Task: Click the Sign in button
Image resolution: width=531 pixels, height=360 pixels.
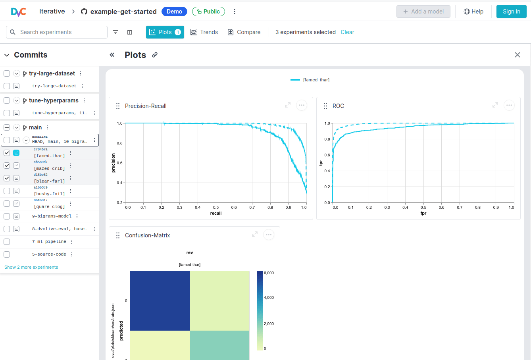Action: [511, 12]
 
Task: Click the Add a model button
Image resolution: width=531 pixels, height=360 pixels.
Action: [423, 12]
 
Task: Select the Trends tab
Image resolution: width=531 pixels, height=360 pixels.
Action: [204, 32]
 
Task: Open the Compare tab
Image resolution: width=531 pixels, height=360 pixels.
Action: [244, 32]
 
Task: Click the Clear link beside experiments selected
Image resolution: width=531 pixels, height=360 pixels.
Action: [347, 32]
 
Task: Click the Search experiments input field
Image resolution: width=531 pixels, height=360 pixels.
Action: [62, 32]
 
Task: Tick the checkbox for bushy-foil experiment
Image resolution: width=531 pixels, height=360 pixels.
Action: [7, 191]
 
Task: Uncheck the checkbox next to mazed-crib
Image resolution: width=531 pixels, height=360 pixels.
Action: [7, 166]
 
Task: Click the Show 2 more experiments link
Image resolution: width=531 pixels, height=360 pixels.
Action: [31, 267]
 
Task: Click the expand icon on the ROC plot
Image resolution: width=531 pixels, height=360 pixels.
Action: [495, 105]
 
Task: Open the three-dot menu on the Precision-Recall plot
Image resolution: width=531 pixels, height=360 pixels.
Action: [302, 105]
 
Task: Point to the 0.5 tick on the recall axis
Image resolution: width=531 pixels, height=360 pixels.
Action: [216, 207]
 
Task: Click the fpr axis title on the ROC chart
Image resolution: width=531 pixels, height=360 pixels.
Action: [423, 213]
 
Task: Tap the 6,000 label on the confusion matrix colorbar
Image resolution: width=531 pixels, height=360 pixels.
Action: [269, 273]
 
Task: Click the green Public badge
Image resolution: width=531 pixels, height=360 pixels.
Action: [208, 12]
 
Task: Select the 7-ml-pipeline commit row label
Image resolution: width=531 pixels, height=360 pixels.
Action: [49, 242]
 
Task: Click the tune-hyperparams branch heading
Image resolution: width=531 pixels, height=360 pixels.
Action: [54, 100]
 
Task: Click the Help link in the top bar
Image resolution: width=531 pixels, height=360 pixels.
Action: [473, 12]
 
